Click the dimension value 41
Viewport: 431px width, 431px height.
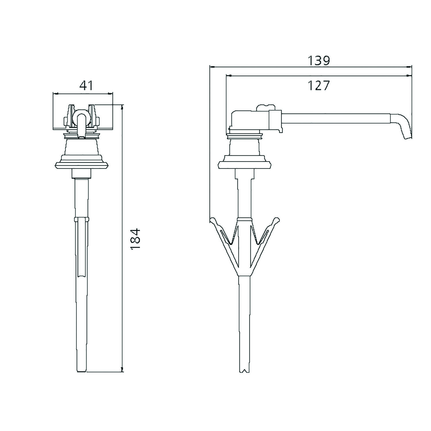pos(86,85)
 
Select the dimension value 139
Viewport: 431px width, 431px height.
pos(319,61)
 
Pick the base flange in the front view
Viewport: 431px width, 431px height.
pos(81,165)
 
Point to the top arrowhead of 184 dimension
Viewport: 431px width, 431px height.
pos(123,107)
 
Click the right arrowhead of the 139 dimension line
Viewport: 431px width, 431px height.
pos(409,67)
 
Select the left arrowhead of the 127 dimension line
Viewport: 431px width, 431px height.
pos(229,76)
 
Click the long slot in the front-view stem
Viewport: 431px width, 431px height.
pos(82,247)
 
